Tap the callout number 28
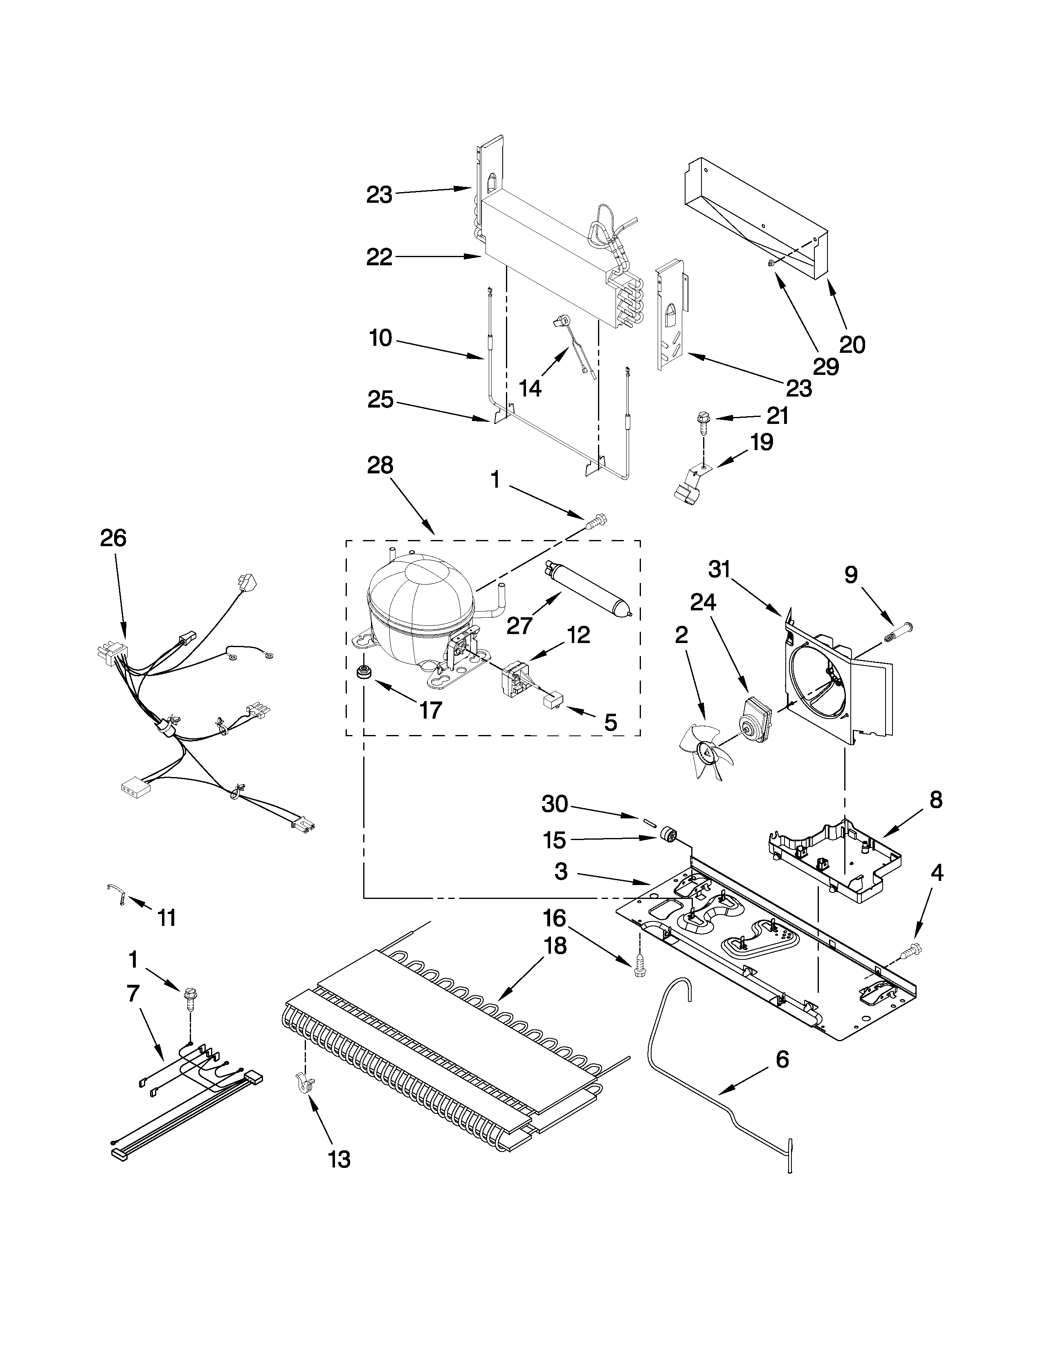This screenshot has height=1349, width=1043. pyautogui.click(x=380, y=465)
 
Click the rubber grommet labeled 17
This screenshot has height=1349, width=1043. pyautogui.click(x=364, y=671)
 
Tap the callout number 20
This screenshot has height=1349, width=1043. pyautogui.click(x=852, y=344)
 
